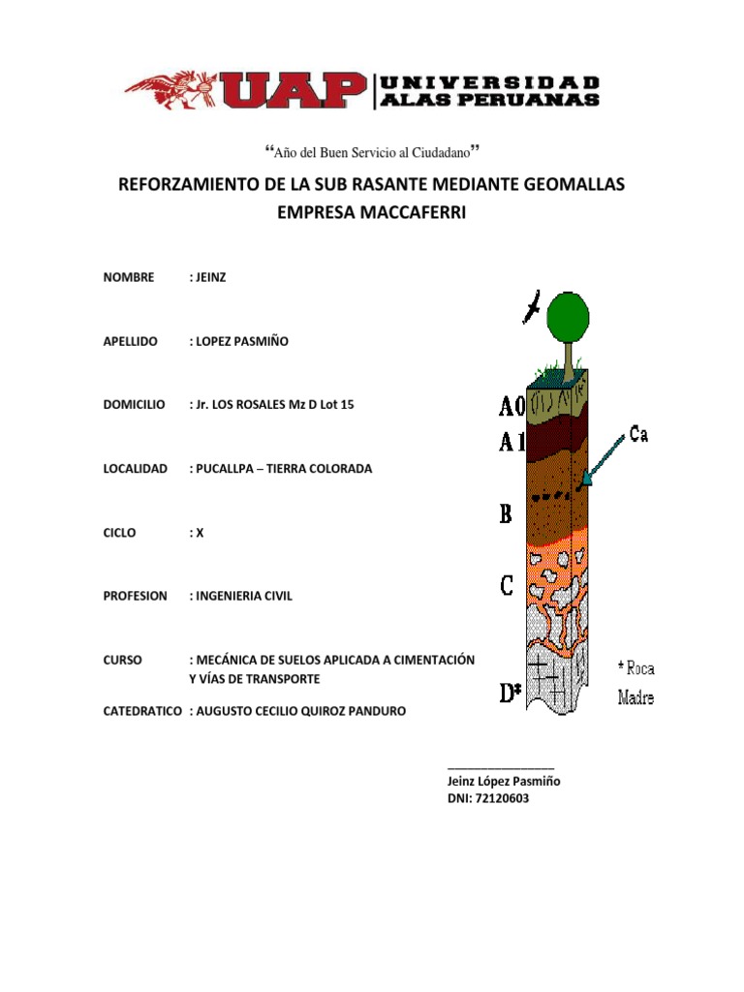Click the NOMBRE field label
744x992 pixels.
coord(129,277)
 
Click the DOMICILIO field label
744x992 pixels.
coord(134,404)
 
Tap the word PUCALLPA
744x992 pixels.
coord(227,468)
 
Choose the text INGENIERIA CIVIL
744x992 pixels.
coord(243,596)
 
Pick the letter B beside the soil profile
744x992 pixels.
coord(506,513)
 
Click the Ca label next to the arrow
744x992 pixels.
coord(638,434)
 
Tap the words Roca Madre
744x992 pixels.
coord(635,682)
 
